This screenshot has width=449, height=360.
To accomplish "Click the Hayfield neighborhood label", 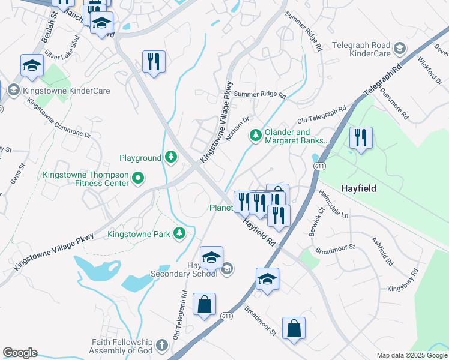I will pos(358,188).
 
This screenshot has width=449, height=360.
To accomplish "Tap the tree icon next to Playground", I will pos(172,157).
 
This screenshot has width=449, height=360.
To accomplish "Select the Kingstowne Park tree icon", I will pos(179,233).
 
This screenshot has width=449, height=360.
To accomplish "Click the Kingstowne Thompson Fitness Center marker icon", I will pos(138,177).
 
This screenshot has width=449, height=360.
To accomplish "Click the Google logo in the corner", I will pos(20,353).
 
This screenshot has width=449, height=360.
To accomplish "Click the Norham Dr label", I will pos(237,129).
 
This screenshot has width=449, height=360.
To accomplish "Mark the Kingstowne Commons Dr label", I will pos(59,118).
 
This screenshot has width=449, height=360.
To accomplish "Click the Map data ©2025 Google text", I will pos(411,355).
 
